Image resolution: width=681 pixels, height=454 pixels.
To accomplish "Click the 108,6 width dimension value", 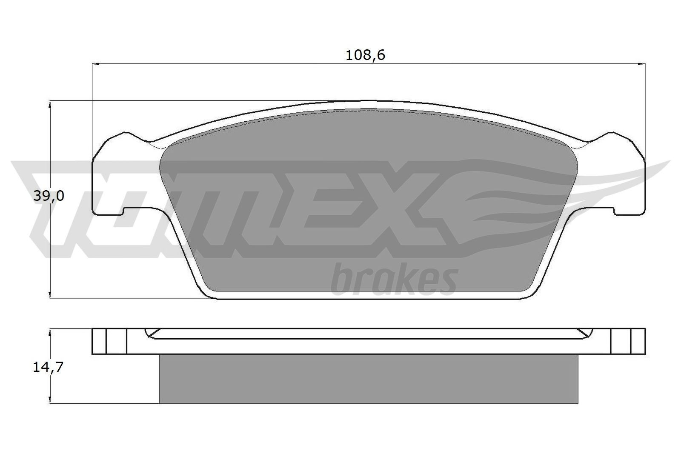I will [x=365, y=55].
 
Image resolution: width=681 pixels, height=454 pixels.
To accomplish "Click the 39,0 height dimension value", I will [x=49, y=196].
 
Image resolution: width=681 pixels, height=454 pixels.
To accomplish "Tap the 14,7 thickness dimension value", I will [x=48, y=367].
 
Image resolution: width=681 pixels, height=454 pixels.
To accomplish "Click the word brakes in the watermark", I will [x=394, y=280].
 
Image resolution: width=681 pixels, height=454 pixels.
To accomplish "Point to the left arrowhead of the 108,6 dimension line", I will [x=95, y=64].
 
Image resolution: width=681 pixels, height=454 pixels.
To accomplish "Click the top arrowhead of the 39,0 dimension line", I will [x=51, y=104].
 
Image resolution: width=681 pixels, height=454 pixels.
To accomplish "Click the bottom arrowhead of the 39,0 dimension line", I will [x=51, y=294].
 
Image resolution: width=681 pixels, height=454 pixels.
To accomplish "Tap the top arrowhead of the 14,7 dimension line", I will [x=51, y=331].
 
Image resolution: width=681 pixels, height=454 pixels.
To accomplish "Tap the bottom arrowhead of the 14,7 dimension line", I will [x=51, y=400].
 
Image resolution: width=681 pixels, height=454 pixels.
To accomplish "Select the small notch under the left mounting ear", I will [x=124, y=211].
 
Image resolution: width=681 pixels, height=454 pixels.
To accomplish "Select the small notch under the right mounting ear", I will [x=613, y=211].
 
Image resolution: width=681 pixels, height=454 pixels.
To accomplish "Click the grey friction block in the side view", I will [x=368, y=379].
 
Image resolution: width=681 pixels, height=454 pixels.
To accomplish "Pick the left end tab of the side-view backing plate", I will [x=109, y=341].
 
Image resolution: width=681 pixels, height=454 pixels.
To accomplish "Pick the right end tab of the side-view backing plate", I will [x=628, y=341].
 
